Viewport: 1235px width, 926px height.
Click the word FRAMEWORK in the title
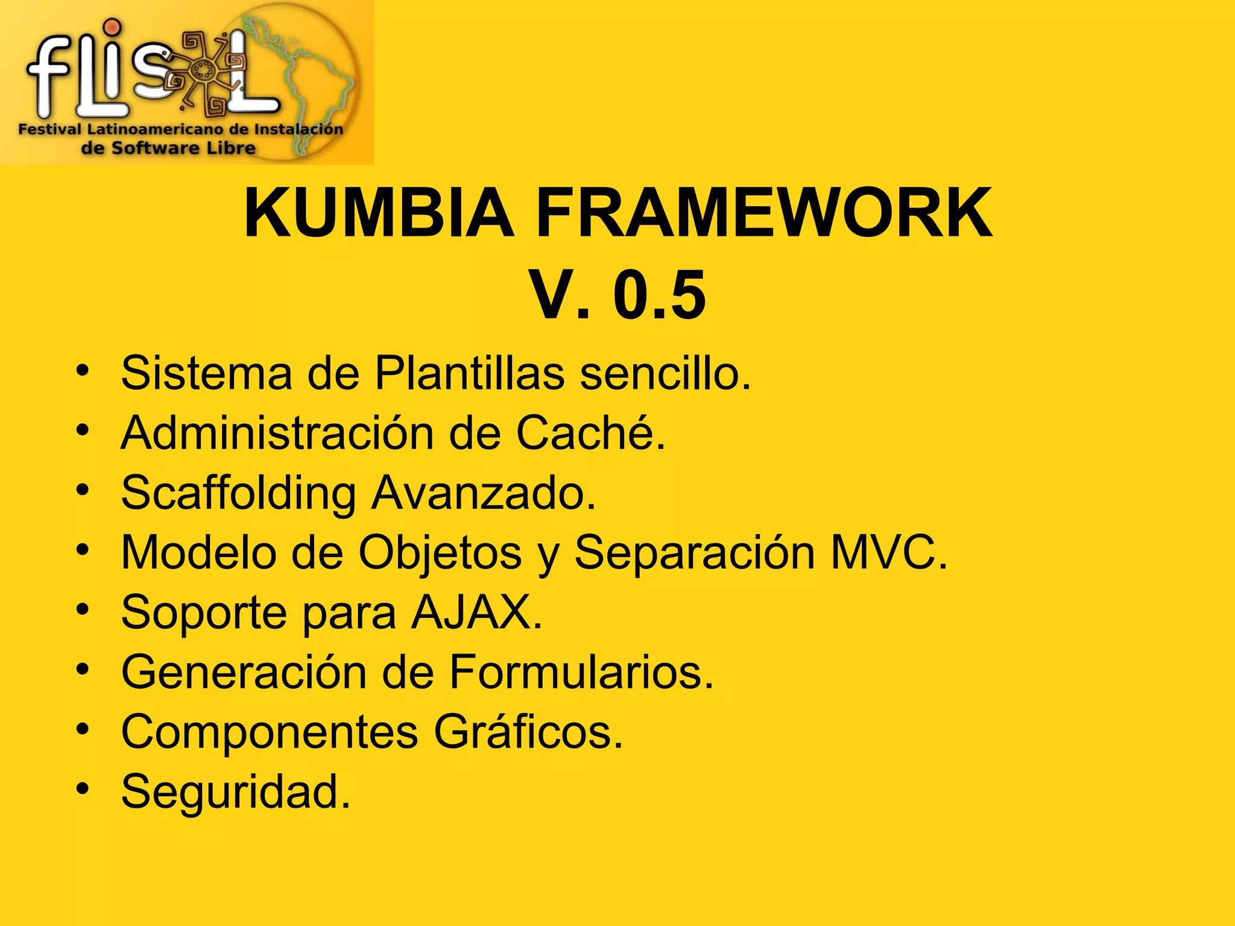pos(763,213)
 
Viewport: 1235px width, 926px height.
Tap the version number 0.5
pos(659,295)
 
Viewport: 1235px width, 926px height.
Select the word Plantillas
pos(470,373)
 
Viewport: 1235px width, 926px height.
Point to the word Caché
pos(590,432)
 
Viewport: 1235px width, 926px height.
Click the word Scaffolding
pos(239,493)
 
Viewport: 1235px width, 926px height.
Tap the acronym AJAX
pos(477,613)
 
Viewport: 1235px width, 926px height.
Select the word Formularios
pos(582,672)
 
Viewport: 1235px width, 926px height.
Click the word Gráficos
pos(528,731)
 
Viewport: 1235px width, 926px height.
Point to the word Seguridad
pos(236,791)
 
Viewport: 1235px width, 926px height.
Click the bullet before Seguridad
pos(83,788)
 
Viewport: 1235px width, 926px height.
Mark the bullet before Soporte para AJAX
pos(83,609)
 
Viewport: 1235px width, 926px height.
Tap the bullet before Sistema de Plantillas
pos(83,370)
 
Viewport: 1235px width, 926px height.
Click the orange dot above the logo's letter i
pos(112,28)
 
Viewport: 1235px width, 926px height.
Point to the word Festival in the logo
pos(49,129)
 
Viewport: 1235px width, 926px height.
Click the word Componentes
pos(270,731)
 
